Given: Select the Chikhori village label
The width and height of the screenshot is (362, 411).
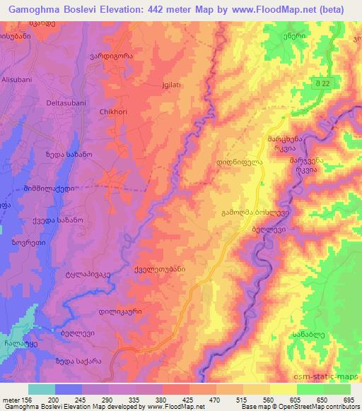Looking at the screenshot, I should pyautogui.click(x=114, y=111).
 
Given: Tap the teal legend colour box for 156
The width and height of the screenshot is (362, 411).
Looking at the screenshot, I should pyautogui.click(x=42, y=389).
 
